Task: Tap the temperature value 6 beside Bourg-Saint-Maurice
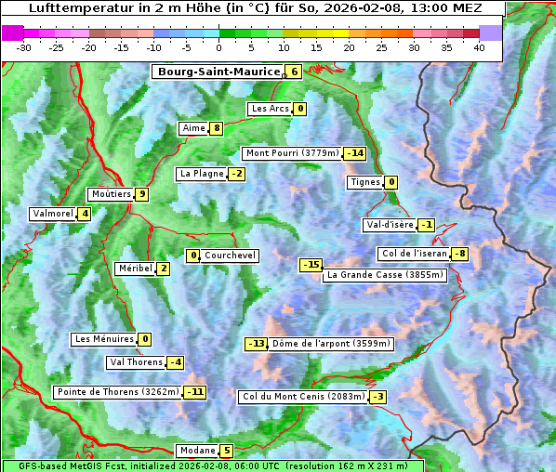click(x=294, y=72)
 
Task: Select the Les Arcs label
click(x=271, y=109)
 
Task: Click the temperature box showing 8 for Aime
click(x=216, y=128)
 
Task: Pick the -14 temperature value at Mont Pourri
click(x=354, y=153)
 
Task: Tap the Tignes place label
click(x=364, y=182)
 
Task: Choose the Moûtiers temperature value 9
click(x=141, y=194)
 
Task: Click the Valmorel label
click(x=52, y=214)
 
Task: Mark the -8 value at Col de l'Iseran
click(x=459, y=255)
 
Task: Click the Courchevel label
click(x=230, y=256)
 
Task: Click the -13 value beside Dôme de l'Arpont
click(x=256, y=344)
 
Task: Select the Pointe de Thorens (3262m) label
click(x=117, y=392)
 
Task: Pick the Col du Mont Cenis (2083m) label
click(x=302, y=397)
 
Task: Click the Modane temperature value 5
click(x=227, y=451)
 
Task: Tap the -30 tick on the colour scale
click(x=24, y=46)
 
